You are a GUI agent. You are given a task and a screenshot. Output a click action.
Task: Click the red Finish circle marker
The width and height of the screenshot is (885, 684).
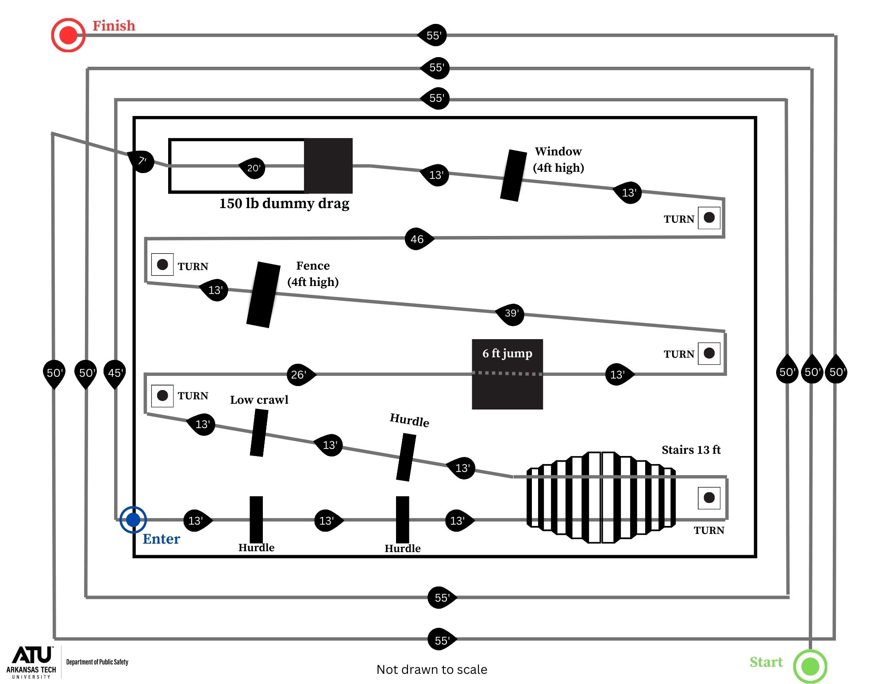click(x=68, y=35)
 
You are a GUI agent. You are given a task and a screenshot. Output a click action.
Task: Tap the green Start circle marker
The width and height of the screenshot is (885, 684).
click(x=810, y=666)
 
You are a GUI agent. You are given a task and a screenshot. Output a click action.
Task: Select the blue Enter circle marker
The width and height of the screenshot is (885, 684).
click(x=133, y=519)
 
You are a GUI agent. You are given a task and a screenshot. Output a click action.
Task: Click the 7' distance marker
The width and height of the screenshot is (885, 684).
click(x=142, y=161)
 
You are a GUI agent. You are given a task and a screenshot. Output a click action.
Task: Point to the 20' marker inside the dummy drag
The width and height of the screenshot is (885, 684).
click(x=253, y=168)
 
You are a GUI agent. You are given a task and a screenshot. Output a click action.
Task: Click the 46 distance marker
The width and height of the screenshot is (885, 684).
click(x=418, y=239)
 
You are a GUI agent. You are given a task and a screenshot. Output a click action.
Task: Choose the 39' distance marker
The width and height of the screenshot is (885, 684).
click(x=511, y=313)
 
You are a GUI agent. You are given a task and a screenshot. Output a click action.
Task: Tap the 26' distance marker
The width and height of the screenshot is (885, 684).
click(x=300, y=375)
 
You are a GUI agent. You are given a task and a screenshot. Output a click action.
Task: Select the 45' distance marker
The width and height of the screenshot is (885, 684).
click(x=115, y=372)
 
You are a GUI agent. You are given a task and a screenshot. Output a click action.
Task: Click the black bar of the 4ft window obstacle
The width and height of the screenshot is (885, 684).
click(x=513, y=175)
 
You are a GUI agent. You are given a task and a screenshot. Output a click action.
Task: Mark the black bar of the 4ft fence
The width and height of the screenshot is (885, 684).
click(x=263, y=295)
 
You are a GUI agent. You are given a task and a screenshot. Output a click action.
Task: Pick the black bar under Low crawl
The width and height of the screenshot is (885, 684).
click(x=259, y=433)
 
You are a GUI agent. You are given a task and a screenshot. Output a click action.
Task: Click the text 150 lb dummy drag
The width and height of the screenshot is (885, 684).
click(x=284, y=203)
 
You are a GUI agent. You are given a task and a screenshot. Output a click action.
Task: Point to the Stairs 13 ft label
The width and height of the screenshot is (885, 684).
click(x=691, y=450)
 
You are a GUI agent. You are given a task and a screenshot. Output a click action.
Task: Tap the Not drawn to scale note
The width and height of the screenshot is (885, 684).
click(x=431, y=669)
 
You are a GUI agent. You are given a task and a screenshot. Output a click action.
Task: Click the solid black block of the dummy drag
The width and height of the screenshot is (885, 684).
click(x=328, y=166)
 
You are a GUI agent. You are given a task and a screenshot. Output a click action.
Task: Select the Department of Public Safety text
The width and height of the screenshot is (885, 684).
click(x=97, y=662)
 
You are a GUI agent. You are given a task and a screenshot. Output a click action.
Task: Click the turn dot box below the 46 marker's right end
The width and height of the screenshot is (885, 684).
click(x=709, y=217)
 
